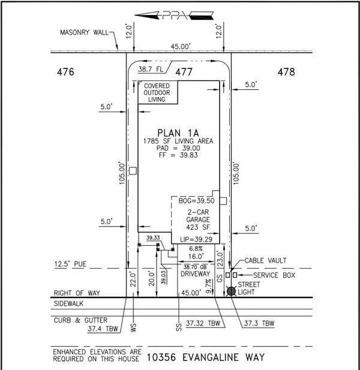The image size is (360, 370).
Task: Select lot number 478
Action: click(x=287, y=72)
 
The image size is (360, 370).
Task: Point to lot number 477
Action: click(x=184, y=73)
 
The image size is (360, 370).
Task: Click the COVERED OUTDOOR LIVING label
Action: click(x=156, y=93)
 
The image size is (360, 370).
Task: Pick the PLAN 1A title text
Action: click(x=174, y=133)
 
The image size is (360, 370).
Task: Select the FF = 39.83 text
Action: click(x=173, y=155)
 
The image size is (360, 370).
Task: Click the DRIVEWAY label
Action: click(x=194, y=273)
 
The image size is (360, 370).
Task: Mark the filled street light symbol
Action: click(x=232, y=291)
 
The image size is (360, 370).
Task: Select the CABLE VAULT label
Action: click(x=265, y=261)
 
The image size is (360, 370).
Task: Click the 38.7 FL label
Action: click(x=152, y=70)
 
